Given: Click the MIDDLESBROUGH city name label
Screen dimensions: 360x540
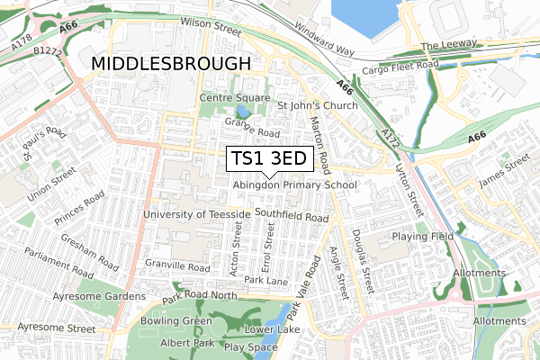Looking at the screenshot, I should coord(170,64).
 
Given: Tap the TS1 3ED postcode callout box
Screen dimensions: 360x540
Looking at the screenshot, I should coord(268,159).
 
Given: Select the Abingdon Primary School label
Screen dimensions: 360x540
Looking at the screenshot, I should coord(294,184).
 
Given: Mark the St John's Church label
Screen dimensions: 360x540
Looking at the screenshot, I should coord(317,105).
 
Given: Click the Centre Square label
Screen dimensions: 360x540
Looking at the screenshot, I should coord(235,96).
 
